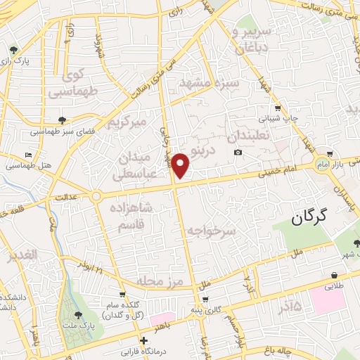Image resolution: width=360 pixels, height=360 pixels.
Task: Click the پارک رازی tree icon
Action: point(13,49)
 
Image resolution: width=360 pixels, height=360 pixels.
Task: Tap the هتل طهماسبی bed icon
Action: point(27,155)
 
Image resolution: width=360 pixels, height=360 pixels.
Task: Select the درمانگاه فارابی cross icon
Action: point(144,340)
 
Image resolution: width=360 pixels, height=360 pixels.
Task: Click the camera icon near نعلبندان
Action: point(238,152)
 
